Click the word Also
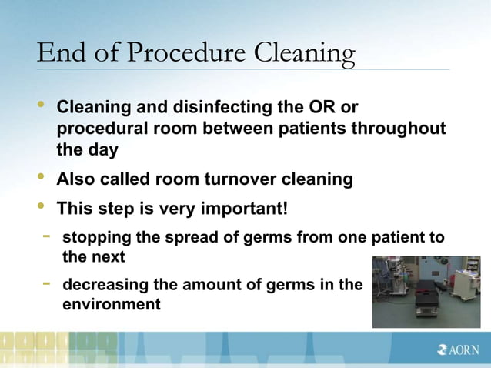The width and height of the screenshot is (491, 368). [x=79, y=179]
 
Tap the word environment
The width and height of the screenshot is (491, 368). [x=111, y=303]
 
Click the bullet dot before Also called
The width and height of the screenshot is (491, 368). [x=42, y=178]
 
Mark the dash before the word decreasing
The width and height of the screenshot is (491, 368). [x=47, y=283]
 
